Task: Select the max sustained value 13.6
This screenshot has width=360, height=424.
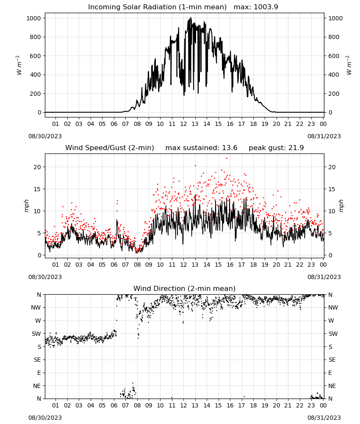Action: point(230,148)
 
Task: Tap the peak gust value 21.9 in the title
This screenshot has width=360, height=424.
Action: point(296,148)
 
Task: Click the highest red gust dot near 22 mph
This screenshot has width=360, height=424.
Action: point(227,159)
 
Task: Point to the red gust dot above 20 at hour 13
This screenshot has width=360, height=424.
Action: point(195,165)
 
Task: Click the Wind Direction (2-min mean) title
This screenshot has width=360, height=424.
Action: point(185,288)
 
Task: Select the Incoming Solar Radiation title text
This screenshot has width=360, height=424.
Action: point(158,7)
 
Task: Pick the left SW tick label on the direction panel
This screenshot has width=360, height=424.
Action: point(36,334)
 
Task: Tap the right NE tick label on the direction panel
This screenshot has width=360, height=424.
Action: point(332,386)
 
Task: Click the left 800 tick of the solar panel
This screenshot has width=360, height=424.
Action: point(36,37)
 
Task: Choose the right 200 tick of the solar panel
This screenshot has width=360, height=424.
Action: point(334,94)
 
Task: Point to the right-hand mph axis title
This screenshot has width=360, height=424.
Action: point(341,206)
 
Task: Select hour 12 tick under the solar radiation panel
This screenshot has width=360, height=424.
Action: point(183,124)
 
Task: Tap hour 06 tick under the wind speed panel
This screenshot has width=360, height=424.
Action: point(114,265)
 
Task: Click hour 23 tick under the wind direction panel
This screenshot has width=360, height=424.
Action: point(311,405)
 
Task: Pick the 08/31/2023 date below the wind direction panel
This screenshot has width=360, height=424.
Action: point(324,418)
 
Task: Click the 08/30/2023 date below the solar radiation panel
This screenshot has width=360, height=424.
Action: point(45,136)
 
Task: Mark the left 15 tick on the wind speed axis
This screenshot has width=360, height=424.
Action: point(37,189)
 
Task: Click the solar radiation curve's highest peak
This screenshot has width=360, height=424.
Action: point(191,18)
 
